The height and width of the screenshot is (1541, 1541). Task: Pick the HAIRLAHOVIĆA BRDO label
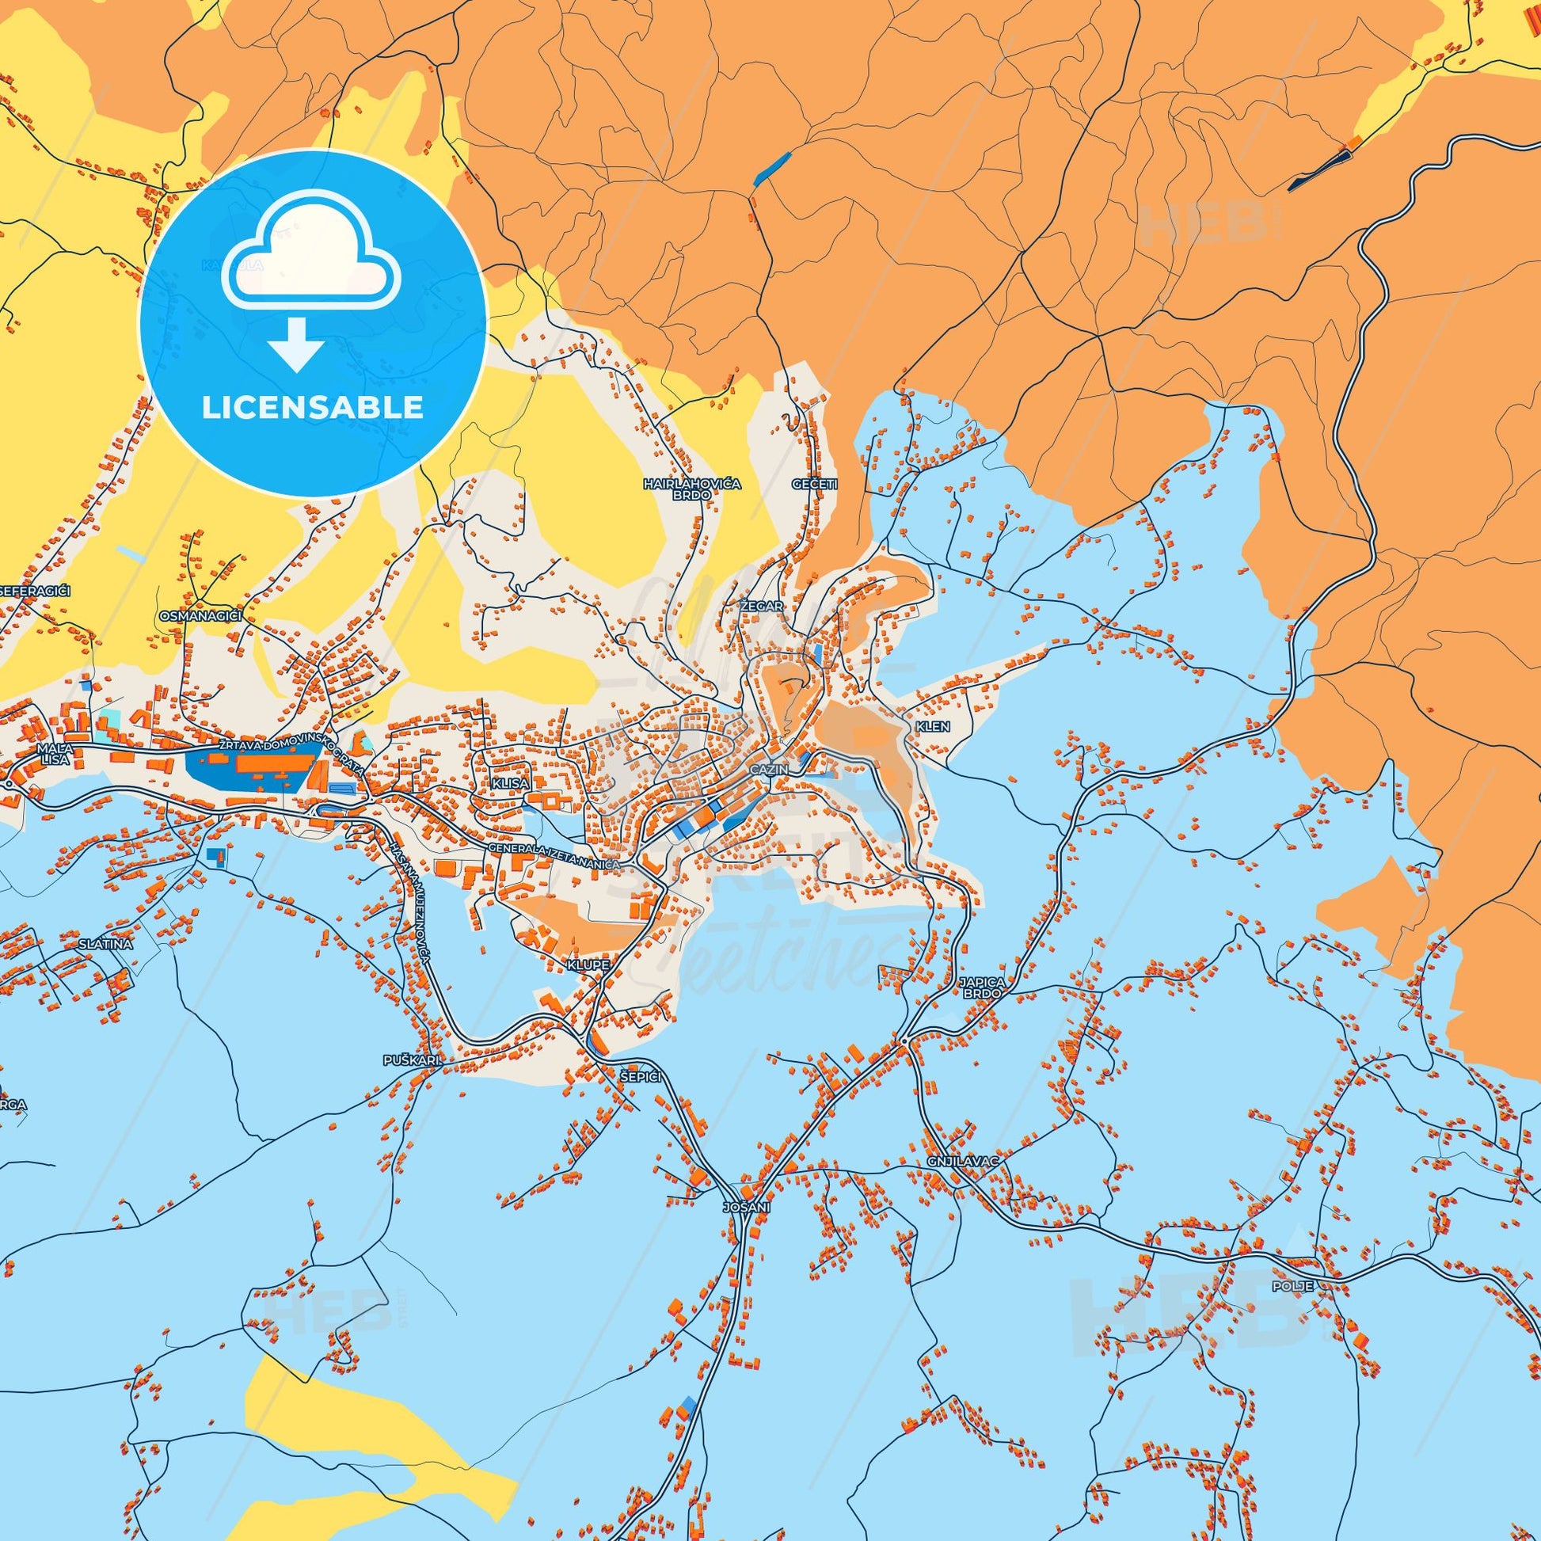pos(681,489)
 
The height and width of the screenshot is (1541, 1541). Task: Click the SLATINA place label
pos(105,944)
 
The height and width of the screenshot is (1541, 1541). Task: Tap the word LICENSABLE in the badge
pos(312,407)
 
